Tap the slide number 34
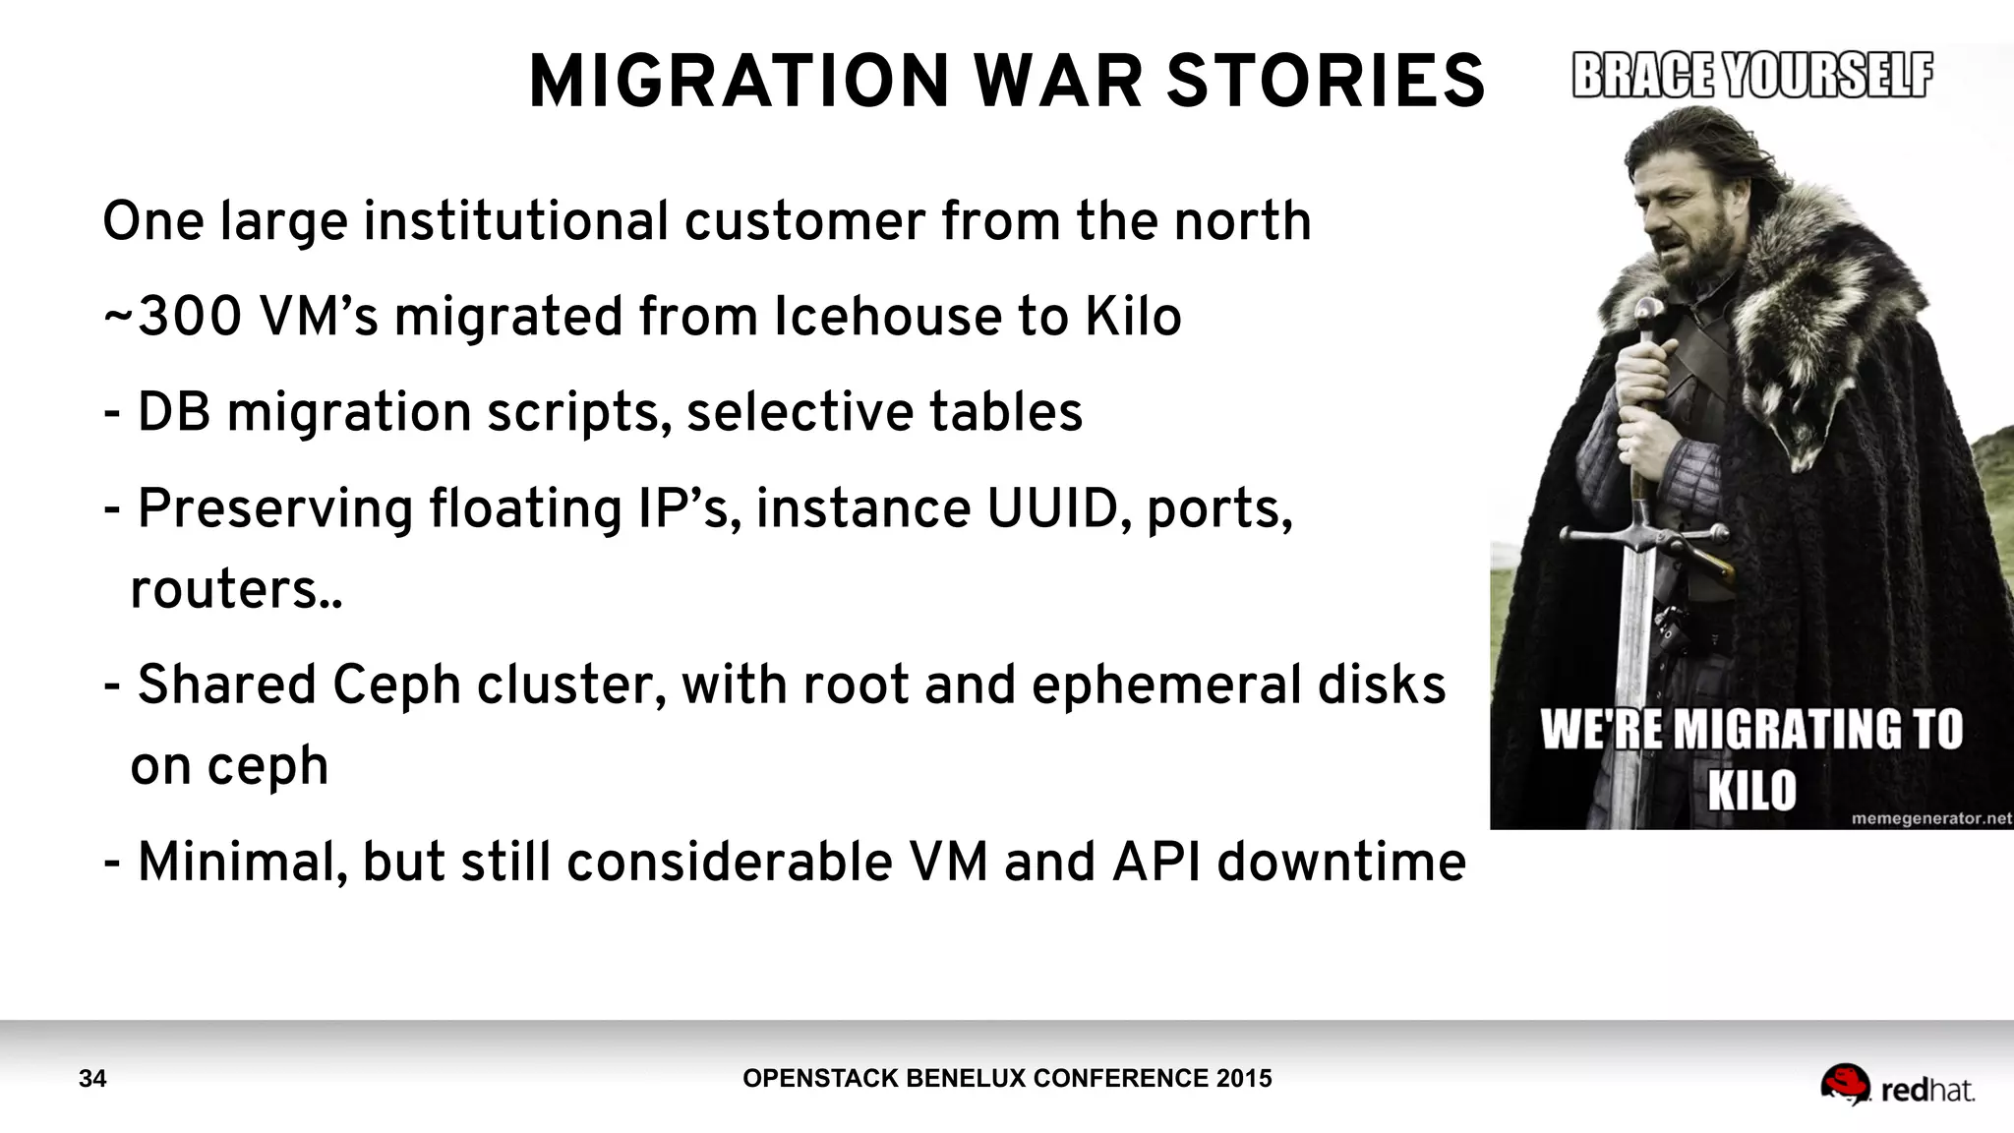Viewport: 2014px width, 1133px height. (92, 1079)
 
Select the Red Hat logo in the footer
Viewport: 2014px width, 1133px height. (1897, 1087)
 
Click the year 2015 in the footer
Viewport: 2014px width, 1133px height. (1244, 1079)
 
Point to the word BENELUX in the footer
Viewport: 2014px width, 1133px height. (950, 1079)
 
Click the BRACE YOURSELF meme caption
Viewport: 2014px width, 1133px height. (1752, 76)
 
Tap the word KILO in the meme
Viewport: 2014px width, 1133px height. (1751, 790)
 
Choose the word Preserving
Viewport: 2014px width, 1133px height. (274, 509)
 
